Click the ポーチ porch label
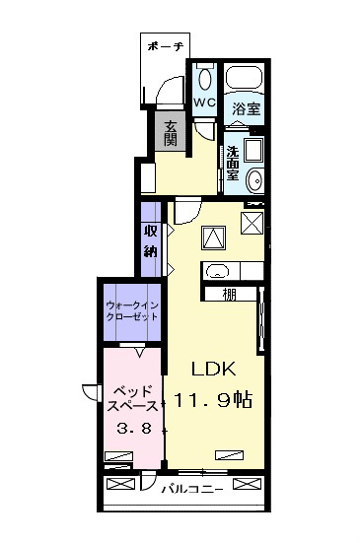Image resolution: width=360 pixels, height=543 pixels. coord(165,46)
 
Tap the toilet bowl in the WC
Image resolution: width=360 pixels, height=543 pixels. coord(205,79)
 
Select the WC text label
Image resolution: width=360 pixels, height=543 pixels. coord(204,102)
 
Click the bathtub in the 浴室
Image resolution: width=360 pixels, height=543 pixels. coord(244,77)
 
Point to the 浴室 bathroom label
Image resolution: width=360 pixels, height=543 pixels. coord(246,109)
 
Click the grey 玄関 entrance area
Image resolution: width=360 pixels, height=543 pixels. coord(171,131)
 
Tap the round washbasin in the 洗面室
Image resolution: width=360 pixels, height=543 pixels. coord(255,180)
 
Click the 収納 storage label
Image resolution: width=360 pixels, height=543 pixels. coord(150,240)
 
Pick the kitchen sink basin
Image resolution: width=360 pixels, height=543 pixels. coord(217,271)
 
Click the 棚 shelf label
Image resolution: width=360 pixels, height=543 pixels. coord(229,295)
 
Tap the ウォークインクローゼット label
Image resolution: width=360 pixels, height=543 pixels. coord(132,311)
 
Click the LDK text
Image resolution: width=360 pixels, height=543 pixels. coord(214,370)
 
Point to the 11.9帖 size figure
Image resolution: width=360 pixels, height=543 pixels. coord(212,400)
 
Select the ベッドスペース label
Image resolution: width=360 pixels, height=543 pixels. coord(132,399)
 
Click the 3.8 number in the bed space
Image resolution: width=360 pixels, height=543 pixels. coord(134,429)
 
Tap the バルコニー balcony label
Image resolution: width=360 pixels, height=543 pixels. coord(192,490)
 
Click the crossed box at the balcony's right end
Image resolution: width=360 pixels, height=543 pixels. coord(247,484)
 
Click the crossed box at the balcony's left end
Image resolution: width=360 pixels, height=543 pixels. coord(120,484)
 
